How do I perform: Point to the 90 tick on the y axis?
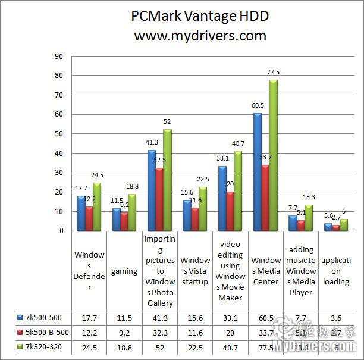tap(58, 57)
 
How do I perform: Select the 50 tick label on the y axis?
tap(58, 134)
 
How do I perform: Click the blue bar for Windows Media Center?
tap(258, 172)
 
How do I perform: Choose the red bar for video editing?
tap(229, 211)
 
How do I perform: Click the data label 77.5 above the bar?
tap(274, 72)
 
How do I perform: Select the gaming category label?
tap(125, 271)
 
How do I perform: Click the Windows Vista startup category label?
tap(195, 271)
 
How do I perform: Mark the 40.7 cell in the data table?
tap(230, 346)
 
